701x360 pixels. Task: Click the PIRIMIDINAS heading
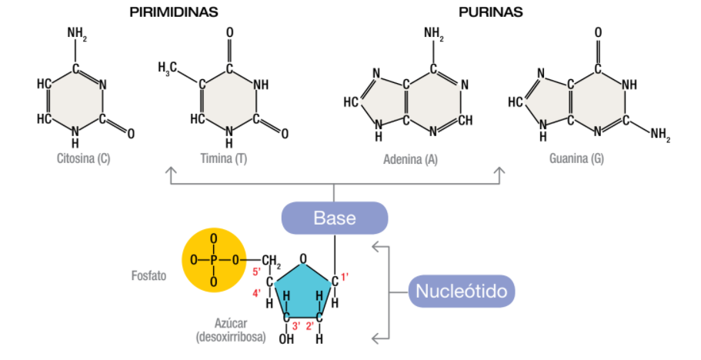point(174,12)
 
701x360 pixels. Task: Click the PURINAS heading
point(490,12)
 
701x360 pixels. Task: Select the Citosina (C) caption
point(84,158)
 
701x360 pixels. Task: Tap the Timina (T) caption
point(223,158)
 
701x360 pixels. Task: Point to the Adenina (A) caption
point(410,159)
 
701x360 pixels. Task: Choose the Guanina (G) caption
point(576,158)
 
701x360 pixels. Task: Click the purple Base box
point(335,218)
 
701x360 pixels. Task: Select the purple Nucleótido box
point(462,292)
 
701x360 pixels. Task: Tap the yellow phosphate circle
point(214,260)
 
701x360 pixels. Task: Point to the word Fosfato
point(149,275)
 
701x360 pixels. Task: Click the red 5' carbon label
point(256,272)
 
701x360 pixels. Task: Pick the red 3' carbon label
point(296,326)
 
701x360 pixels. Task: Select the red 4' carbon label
point(256,293)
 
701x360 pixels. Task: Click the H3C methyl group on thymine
point(167,68)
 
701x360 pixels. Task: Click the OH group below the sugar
point(286,339)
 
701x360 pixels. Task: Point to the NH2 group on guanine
point(660,135)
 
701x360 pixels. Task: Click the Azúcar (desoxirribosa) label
point(231,330)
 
